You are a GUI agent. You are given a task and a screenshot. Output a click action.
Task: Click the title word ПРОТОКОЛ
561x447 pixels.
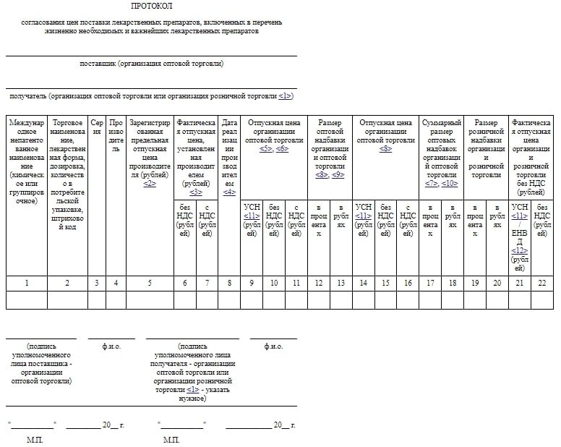point(151,6)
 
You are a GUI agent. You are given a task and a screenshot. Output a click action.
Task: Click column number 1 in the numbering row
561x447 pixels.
point(27,283)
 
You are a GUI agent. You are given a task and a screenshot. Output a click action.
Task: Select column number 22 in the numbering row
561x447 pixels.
point(542,283)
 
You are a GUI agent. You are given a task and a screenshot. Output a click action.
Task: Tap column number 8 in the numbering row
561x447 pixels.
point(229,283)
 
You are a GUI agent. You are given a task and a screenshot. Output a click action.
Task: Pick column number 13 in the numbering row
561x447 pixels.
point(341,283)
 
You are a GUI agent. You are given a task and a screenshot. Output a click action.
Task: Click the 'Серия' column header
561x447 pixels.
point(97,127)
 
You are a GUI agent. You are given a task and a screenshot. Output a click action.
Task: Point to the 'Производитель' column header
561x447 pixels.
point(116,137)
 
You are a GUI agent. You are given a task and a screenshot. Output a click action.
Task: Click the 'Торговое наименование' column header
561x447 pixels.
point(67,160)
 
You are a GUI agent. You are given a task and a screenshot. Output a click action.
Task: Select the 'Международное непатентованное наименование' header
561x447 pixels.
point(27,160)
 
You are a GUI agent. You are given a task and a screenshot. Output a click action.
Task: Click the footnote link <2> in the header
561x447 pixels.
point(150,184)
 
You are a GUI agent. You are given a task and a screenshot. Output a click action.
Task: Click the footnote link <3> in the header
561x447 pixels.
point(196,192)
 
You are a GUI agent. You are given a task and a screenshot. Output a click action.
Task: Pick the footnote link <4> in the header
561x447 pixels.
point(229,192)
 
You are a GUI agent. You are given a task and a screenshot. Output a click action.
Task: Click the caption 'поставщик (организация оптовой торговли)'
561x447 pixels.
point(151,64)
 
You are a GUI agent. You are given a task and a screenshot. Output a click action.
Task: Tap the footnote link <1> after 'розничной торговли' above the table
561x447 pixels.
point(285,96)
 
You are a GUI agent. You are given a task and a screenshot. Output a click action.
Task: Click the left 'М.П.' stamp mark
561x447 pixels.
point(35,439)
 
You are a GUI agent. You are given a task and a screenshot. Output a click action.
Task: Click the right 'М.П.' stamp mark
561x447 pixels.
point(171,439)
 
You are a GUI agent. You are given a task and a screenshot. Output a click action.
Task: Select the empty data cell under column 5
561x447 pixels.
point(150,299)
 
